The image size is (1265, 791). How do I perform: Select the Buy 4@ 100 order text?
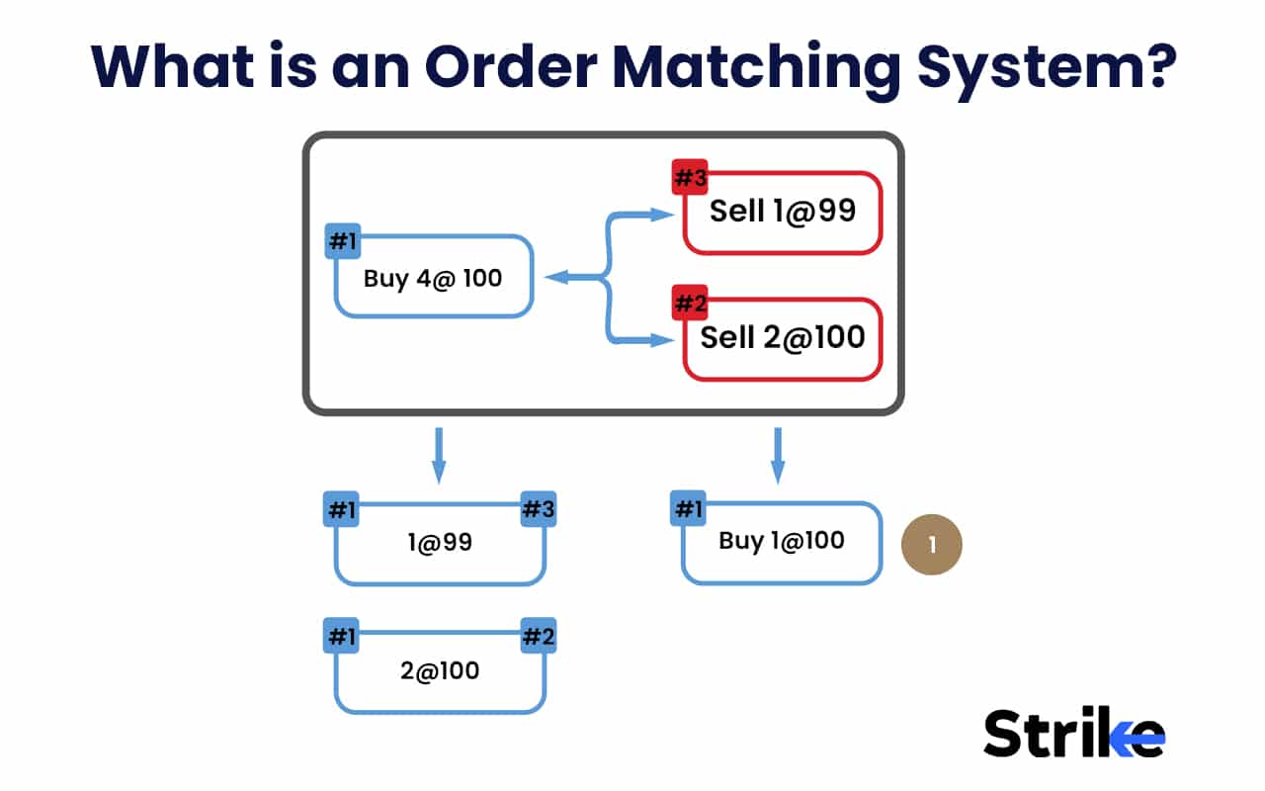pos(433,278)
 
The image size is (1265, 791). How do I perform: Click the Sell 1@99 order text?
pos(782,211)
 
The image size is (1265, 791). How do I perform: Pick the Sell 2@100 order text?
pos(782,337)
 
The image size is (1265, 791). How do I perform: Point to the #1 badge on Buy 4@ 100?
pos(342,241)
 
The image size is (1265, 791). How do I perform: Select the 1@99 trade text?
pos(440,542)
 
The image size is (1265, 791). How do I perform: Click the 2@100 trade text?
pos(440,670)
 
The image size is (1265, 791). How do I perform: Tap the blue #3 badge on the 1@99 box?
pos(539,510)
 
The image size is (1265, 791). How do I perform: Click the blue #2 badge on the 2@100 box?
pos(539,637)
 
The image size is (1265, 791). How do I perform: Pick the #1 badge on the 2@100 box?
pos(341,637)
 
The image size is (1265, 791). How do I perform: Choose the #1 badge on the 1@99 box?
pos(341,510)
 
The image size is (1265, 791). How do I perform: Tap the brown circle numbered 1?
pos(932,544)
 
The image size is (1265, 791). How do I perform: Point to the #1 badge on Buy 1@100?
pos(687,509)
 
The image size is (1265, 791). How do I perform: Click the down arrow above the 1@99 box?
pos(440,455)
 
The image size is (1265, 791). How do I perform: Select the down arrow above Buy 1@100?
pos(778,455)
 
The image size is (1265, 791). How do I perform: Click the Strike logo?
pos(1073,734)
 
